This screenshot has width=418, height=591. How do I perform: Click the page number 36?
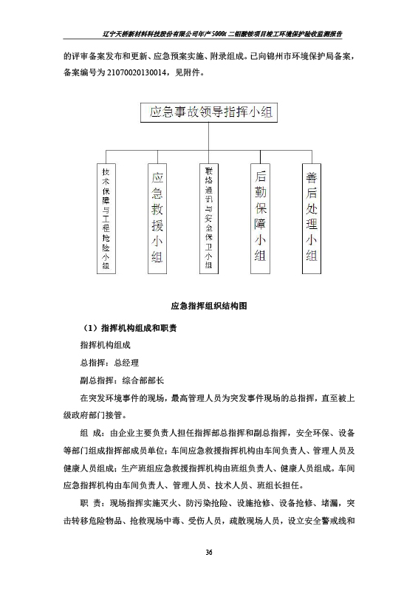pos(209,552)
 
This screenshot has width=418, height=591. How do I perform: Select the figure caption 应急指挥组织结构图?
pos(209,305)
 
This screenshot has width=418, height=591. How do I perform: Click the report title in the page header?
pos(221,34)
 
